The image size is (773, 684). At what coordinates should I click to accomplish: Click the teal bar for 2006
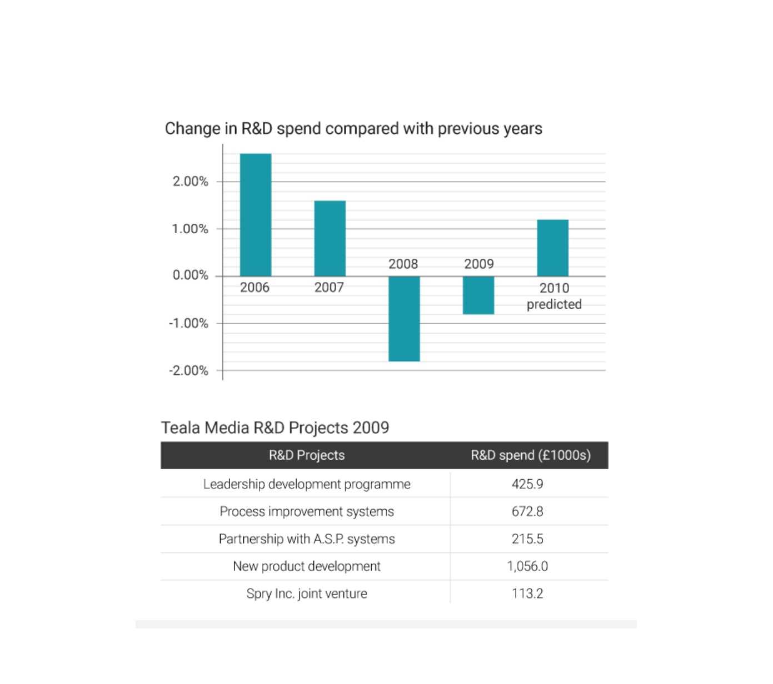[x=255, y=215]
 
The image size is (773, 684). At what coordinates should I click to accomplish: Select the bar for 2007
[x=330, y=238]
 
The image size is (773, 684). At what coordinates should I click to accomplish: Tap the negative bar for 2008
[x=404, y=319]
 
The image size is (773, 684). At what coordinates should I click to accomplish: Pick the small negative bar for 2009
[x=478, y=295]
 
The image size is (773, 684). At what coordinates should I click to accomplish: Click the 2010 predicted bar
[x=552, y=248]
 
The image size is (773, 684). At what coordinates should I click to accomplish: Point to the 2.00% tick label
[x=191, y=182]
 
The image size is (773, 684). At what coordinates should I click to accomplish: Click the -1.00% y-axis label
[x=188, y=323]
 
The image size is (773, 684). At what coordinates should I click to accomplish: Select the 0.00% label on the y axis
[x=191, y=275]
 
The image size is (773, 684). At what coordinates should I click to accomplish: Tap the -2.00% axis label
[x=188, y=371]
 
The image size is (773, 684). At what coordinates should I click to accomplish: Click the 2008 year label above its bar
[x=403, y=264]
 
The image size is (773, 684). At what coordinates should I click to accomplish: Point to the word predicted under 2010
[x=554, y=304]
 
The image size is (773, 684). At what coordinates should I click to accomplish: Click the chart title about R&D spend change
[x=353, y=128]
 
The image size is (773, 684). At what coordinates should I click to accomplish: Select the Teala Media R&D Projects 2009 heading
[x=275, y=428]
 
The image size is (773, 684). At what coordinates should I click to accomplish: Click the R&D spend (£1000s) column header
[x=531, y=455]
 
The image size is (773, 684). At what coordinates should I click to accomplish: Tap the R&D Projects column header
[x=307, y=455]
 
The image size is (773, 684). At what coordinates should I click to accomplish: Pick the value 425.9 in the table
[x=527, y=484]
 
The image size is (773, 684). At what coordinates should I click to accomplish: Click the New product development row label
[x=307, y=566]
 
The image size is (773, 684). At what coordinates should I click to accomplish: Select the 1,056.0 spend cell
[x=527, y=566]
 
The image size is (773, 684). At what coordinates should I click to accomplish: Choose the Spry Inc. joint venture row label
[x=307, y=594]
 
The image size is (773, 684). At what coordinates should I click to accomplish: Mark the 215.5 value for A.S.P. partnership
[x=527, y=539]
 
